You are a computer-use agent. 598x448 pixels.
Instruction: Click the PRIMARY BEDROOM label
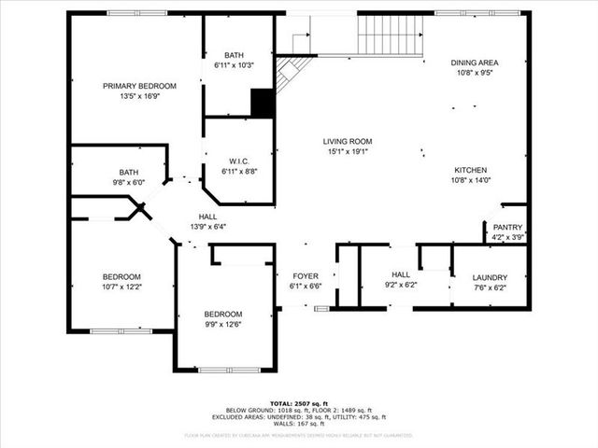point(138,86)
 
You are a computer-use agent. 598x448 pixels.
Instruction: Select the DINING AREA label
point(475,63)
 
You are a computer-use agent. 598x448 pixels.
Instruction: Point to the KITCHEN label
point(471,170)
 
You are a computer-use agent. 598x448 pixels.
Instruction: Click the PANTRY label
point(508,227)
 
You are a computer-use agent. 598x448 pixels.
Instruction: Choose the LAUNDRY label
point(490,277)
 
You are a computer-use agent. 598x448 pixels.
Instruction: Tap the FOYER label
point(306,276)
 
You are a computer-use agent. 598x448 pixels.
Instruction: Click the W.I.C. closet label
point(237,161)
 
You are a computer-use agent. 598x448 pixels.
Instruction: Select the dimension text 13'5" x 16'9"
point(138,96)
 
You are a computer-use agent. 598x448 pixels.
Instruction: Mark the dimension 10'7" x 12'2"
point(121,287)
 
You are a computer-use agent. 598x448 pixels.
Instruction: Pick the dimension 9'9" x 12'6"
point(224,324)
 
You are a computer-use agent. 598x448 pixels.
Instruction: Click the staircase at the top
point(390,35)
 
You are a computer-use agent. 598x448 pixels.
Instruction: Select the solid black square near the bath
point(263,104)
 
